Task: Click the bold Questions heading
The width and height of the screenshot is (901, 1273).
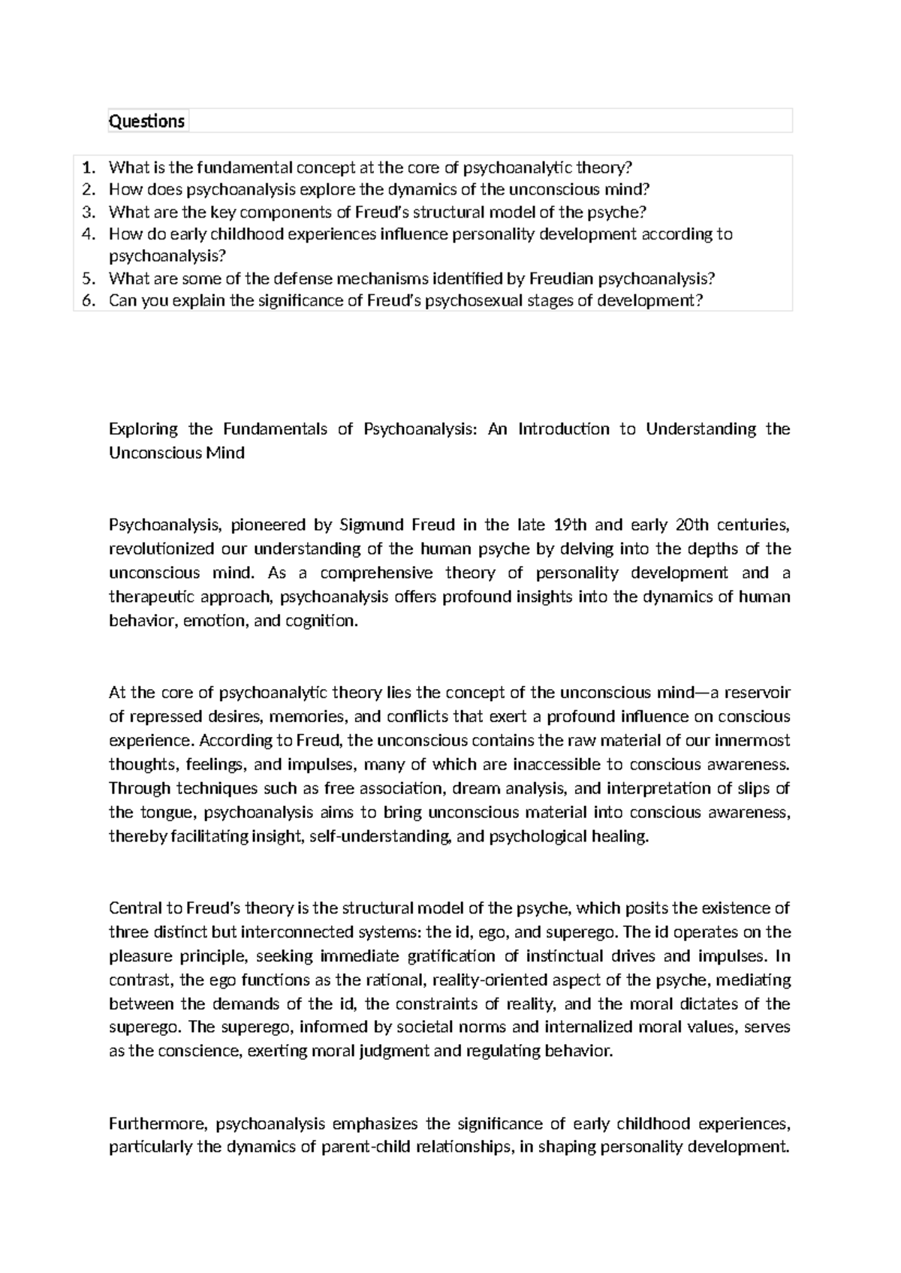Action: (x=146, y=121)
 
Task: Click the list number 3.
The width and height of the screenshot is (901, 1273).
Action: (x=89, y=212)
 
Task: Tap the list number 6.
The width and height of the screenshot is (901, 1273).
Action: (x=89, y=301)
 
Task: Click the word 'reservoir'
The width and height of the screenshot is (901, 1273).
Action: (x=759, y=692)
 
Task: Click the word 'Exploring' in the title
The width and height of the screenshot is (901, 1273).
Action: (x=143, y=429)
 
